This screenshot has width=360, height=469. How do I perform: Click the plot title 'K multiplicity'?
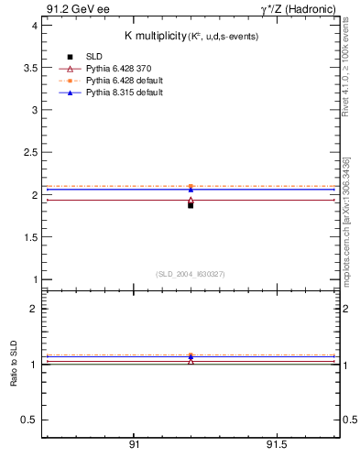coord(156,36)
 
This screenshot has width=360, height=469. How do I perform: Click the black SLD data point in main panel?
coord(191,205)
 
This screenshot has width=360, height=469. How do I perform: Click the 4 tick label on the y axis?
coord(33,25)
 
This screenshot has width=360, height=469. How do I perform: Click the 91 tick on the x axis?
coord(134,445)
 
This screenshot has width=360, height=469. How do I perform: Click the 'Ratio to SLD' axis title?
coord(14,364)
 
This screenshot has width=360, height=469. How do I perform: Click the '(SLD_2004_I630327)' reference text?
coord(191,274)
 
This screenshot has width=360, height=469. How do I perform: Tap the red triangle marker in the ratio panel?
coord(191,360)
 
